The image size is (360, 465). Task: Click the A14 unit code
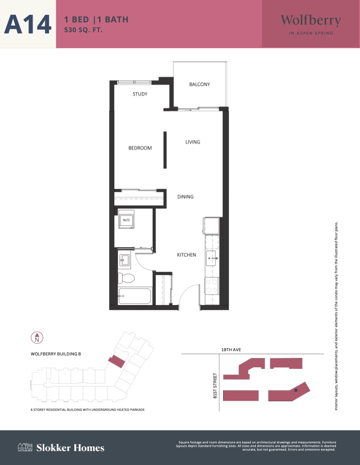tap(28, 24)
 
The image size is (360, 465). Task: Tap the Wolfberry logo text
tap(311, 20)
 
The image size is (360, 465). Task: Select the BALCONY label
tap(199, 84)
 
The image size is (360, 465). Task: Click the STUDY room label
tap(140, 94)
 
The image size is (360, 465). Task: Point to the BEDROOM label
tap(140, 148)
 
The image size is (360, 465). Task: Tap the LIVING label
tap(193, 142)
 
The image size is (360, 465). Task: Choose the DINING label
tap(185, 197)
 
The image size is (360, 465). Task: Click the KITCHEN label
tap(186, 255)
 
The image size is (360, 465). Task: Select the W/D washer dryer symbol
tap(126, 219)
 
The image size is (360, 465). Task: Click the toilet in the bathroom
tap(126, 278)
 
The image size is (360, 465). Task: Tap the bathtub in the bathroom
tap(135, 296)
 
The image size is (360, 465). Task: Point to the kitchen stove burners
tap(212, 286)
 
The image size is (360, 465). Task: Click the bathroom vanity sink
tap(124, 260)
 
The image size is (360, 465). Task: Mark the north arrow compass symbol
tap(37, 338)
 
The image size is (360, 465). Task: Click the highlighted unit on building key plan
tap(116, 362)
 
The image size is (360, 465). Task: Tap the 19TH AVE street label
tap(231, 349)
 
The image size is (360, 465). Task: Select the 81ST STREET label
tap(215, 385)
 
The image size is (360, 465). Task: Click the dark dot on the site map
tap(296, 390)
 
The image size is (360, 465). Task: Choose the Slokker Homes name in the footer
tap(70, 448)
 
